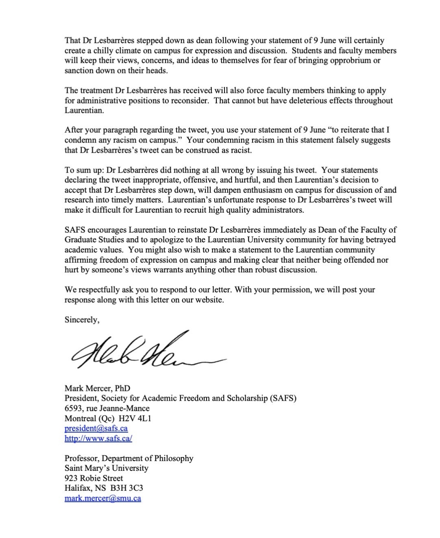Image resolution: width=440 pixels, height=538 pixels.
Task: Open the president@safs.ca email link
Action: pyautogui.click(x=96, y=428)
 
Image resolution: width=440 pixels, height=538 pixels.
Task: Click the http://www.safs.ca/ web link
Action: pyautogui.click(x=98, y=439)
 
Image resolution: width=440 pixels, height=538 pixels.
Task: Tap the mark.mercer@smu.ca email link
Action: pyautogui.click(x=103, y=498)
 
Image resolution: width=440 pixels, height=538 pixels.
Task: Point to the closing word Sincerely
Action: pyautogui.click(x=81, y=320)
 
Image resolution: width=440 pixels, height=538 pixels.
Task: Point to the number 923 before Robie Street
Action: pyautogui.click(x=71, y=479)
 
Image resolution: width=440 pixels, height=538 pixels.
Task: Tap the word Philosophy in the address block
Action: pyautogui.click(x=174, y=459)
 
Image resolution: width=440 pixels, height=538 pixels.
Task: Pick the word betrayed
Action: pyautogui.click(x=379, y=240)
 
